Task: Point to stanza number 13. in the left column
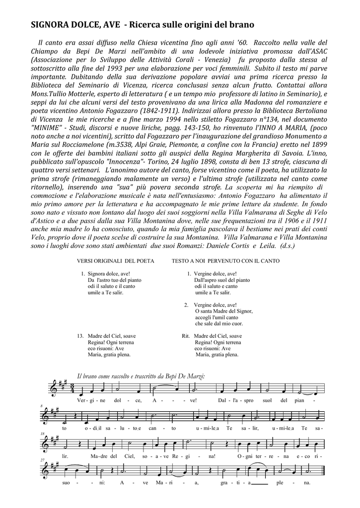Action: (80, 336)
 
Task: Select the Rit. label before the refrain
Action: (186, 336)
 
